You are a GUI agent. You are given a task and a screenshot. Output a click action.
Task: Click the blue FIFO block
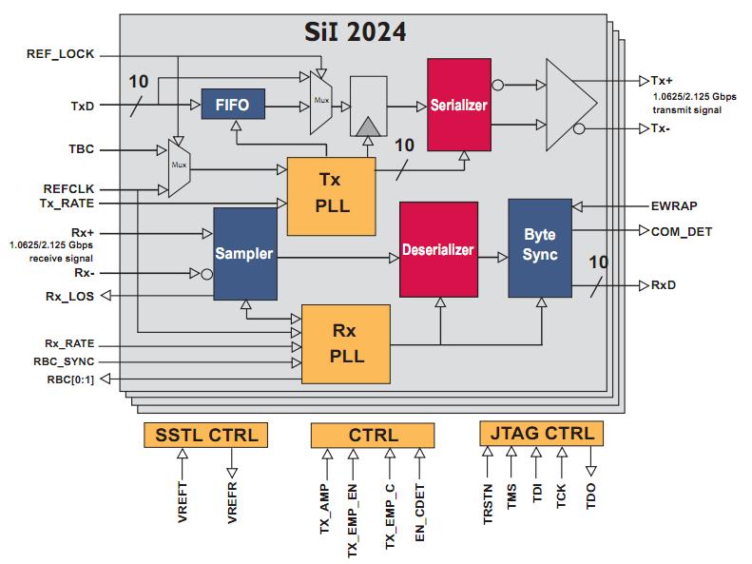click(232, 106)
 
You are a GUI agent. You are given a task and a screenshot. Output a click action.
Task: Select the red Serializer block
click(458, 105)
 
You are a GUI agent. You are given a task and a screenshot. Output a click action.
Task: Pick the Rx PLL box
click(345, 342)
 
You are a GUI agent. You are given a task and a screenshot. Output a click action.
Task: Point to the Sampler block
click(244, 254)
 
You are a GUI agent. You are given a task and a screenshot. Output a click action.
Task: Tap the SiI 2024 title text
click(349, 32)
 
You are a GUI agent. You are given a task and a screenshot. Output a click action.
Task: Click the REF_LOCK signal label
click(60, 54)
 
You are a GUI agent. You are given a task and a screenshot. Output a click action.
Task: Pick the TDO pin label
click(591, 496)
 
